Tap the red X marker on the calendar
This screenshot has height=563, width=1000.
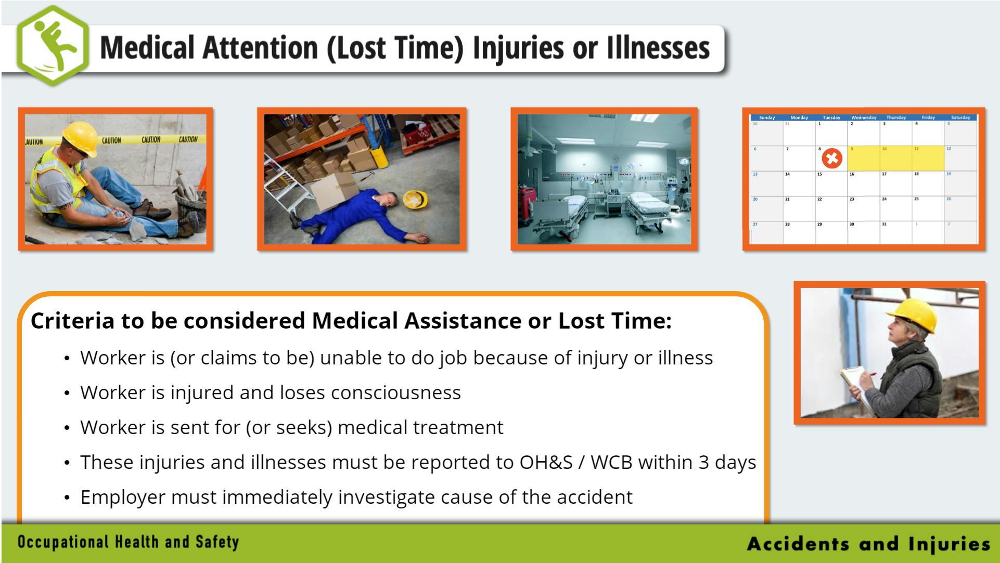click(831, 158)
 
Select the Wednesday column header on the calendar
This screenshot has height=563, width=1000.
click(863, 117)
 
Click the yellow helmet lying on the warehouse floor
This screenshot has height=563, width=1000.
click(415, 199)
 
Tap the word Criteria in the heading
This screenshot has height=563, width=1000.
click(72, 321)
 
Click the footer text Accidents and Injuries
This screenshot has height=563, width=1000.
click(868, 544)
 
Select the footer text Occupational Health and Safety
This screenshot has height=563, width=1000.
click(128, 542)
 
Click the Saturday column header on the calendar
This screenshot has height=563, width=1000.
click(960, 117)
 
